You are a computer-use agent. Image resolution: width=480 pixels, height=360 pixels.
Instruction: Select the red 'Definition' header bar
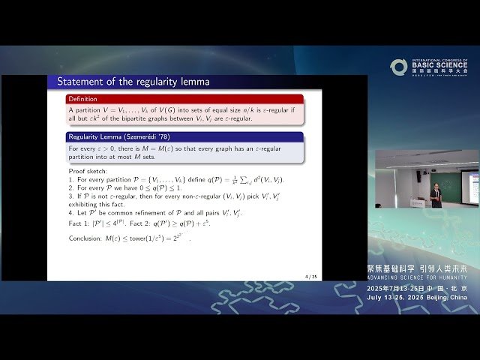[184, 99]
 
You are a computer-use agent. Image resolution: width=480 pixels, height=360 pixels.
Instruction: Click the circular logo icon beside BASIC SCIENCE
[398, 67]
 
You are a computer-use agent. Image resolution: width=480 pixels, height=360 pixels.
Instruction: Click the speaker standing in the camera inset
[436, 196]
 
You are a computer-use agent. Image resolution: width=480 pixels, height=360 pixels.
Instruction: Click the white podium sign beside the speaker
[418, 202]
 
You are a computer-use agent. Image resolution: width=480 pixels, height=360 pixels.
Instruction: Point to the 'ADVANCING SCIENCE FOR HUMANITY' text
[417, 276]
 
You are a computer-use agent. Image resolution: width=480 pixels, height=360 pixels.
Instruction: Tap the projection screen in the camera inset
[470, 187]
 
